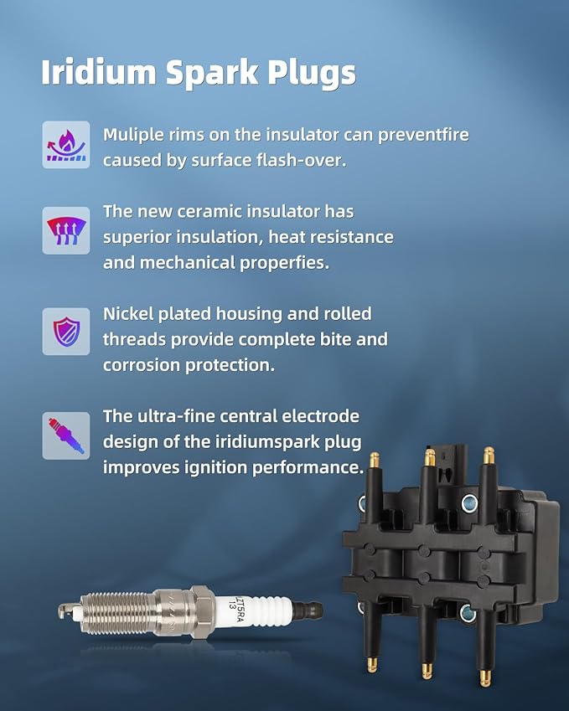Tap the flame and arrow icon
point(65,144)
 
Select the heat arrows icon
point(65,229)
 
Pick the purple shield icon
point(65,331)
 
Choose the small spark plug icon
point(65,435)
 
